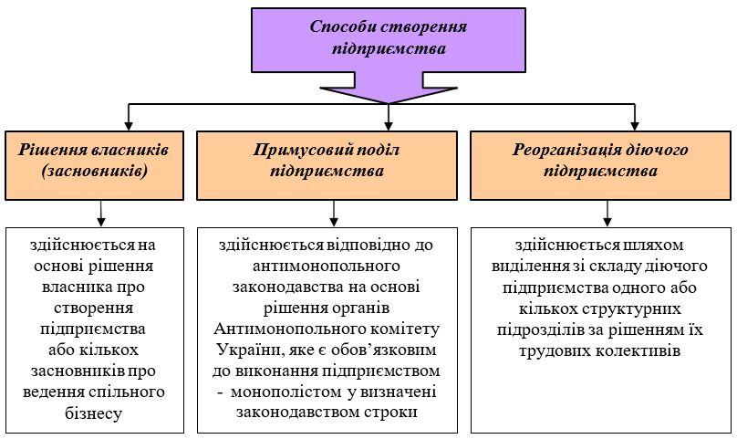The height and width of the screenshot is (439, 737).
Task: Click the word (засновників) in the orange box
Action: pyautogui.click(x=95, y=171)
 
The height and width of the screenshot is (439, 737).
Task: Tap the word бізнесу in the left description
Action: pyautogui.click(x=94, y=413)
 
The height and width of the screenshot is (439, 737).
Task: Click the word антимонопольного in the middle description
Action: pyautogui.click(x=327, y=266)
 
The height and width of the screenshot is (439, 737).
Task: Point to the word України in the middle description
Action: pyautogui.click(x=249, y=350)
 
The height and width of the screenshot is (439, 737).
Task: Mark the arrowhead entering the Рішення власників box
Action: pyautogui.click(x=129, y=126)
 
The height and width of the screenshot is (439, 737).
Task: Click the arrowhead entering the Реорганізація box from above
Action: pyautogui.click(x=635, y=126)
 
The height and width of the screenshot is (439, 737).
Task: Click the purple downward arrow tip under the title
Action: pyautogui.click(x=389, y=103)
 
